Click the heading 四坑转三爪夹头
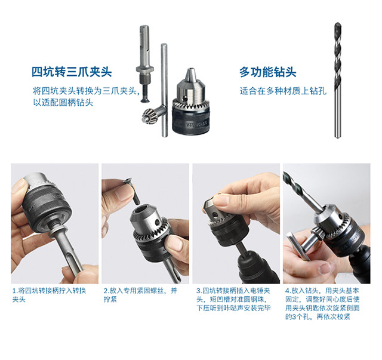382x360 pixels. pos(72,72)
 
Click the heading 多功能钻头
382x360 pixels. pos(268,72)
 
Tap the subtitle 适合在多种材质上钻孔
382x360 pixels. pos(283,91)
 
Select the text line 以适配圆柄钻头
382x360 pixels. pos(63,102)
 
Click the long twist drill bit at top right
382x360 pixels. pos(337,81)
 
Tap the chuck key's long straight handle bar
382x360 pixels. pos(165,90)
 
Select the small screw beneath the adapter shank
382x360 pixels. pos(144,93)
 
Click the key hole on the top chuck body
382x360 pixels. pos(186,98)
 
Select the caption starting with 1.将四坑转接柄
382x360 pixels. pos(49,295)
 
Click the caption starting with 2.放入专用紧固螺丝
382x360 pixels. pos(140,295)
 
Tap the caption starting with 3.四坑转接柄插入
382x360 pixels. pos(233,299)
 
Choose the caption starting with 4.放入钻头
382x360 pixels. pos(322,303)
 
